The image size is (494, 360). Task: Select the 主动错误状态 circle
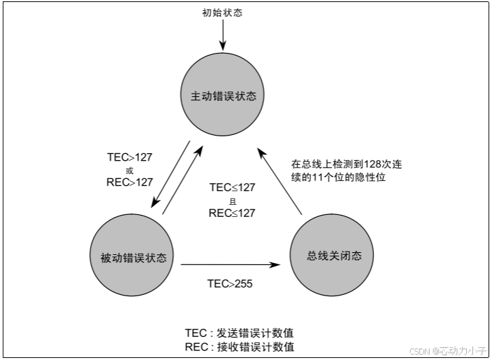pos(223,96)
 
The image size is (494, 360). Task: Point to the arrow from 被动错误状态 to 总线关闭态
pos(231,264)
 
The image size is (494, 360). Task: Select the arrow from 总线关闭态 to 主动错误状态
pos(280,178)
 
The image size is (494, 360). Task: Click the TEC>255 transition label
pos(230,283)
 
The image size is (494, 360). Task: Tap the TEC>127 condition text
pos(130,157)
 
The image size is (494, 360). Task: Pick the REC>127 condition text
pos(130,182)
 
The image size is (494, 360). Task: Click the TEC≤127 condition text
pos(232,188)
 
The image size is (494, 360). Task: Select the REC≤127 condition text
pos(232,213)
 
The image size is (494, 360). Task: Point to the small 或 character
pos(130,169)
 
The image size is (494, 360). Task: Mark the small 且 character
pos(232,201)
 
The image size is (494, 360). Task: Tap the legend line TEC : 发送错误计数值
pos(239,333)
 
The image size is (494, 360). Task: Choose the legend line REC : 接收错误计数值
pos(239,346)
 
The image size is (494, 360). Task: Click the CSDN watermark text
pos(421,351)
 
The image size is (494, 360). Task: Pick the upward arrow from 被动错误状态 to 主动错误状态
pos(183,179)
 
